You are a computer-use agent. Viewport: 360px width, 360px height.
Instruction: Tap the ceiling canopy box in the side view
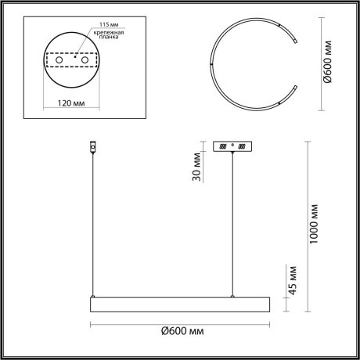pos(233,147)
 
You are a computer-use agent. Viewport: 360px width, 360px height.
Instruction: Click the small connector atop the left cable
pos(93,146)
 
